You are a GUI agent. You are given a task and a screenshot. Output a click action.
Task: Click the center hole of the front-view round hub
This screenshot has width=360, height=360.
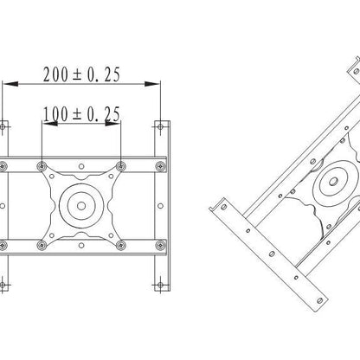[80, 207]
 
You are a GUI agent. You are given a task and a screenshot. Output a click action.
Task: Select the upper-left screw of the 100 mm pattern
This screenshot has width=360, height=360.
[42, 165]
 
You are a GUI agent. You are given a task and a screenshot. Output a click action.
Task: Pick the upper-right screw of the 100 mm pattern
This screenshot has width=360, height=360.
[120, 165]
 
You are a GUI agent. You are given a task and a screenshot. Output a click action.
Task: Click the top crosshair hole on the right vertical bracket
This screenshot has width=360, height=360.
[159, 125]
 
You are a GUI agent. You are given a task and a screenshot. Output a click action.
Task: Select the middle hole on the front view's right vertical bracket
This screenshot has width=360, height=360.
[159, 207]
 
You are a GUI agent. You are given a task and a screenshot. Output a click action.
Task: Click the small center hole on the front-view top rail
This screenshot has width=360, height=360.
[80, 165]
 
